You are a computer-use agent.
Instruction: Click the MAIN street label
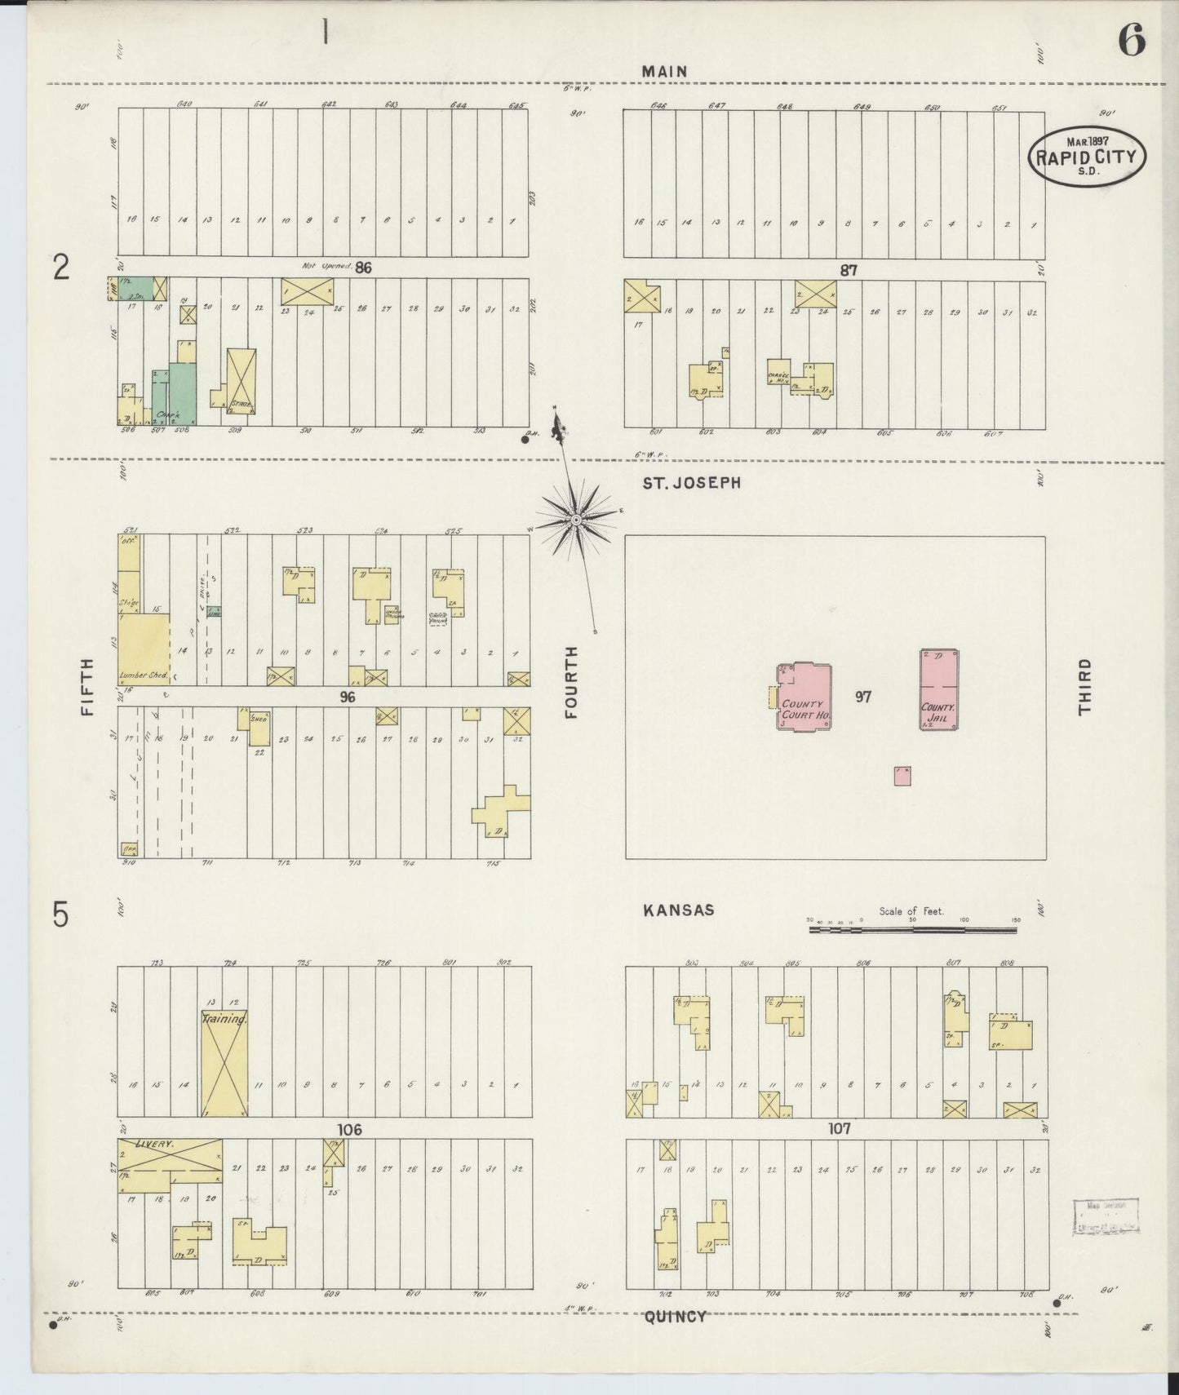[663, 72]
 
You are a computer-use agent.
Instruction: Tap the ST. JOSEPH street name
[691, 483]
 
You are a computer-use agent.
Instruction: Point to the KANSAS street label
[678, 910]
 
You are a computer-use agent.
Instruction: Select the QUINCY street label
[675, 1316]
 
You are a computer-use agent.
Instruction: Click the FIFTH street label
[88, 687]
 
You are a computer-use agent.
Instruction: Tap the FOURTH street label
[570, 682]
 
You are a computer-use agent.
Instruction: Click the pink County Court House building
[804, 697]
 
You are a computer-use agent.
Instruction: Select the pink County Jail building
[938, 690]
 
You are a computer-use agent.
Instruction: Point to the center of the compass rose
[576, 519]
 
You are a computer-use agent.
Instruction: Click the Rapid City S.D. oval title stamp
[1087, 155]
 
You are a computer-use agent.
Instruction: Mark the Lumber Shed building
[144, 649]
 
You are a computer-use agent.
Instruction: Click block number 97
[863, 697]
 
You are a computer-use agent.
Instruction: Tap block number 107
[839, 1128]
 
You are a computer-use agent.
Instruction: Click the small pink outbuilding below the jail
[902, 776]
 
